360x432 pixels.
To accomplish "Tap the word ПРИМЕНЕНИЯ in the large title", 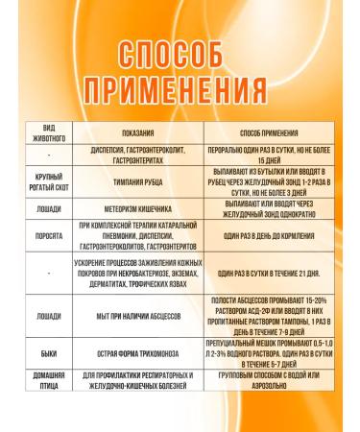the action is pyautogui.click(x=180, y=88).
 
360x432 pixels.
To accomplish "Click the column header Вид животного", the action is pyautogui.click(x=49, y=132).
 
